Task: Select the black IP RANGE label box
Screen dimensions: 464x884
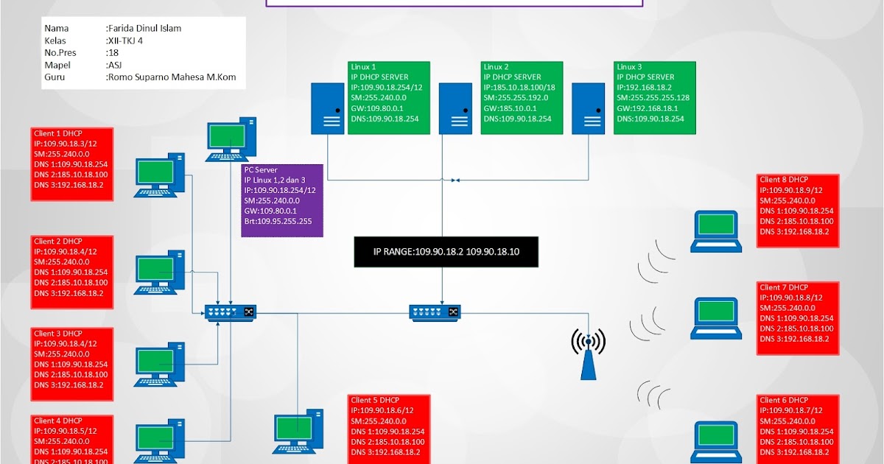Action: tap(446, 251)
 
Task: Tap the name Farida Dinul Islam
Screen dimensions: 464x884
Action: tap(144, 29)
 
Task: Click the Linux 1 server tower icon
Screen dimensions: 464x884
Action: tap(327, 108)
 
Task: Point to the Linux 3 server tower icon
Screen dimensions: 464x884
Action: tap(589, 108)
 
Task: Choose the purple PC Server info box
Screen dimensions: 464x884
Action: tap(282, 200)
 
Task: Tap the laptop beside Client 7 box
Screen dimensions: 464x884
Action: tap(715, 318)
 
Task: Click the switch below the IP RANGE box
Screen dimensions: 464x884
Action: tap(435, 312)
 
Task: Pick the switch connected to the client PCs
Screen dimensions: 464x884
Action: tap(230, 312)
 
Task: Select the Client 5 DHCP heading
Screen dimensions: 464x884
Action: tap(375, 400)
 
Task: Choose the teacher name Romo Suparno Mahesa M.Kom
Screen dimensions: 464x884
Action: tap(175, 77)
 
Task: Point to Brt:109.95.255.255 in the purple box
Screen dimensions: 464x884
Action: tap(278, 221)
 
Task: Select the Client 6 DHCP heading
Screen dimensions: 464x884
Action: tap(783, 400)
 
